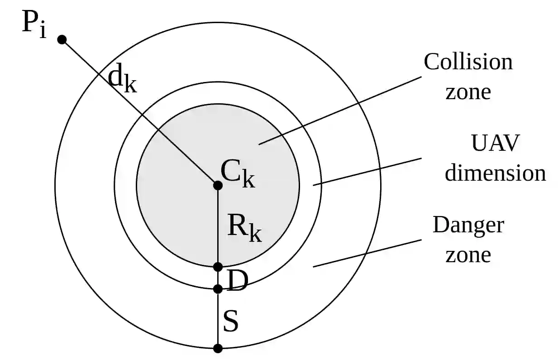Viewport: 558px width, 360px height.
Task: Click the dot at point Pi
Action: click(x=62, y=39)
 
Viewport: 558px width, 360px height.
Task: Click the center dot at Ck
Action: click(x=218, y=185)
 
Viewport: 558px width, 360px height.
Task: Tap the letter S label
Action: click(x=231, y=322)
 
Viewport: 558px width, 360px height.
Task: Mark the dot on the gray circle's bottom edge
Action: click(x=218, y=267)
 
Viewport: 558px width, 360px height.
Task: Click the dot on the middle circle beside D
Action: click(x=218, y=288)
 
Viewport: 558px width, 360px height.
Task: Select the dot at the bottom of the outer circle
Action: click(x=218, y=348)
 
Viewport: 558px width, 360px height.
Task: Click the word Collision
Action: click(x=468, y=62)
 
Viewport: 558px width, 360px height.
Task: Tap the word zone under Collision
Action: click(x=468, y=92)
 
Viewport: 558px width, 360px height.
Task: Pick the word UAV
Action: click(x=495, y=144)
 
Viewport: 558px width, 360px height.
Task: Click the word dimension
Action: click(x=496, y=173)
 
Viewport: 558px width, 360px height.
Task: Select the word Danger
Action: click(x=468, y=225)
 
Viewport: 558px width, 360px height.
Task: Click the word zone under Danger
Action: click(x=468, y=255)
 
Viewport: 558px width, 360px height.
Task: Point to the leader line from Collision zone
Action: click(x=339, y=110)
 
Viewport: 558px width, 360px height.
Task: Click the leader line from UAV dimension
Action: click(x=367, y=172)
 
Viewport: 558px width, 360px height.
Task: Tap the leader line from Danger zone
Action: click(x=367, y=253)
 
